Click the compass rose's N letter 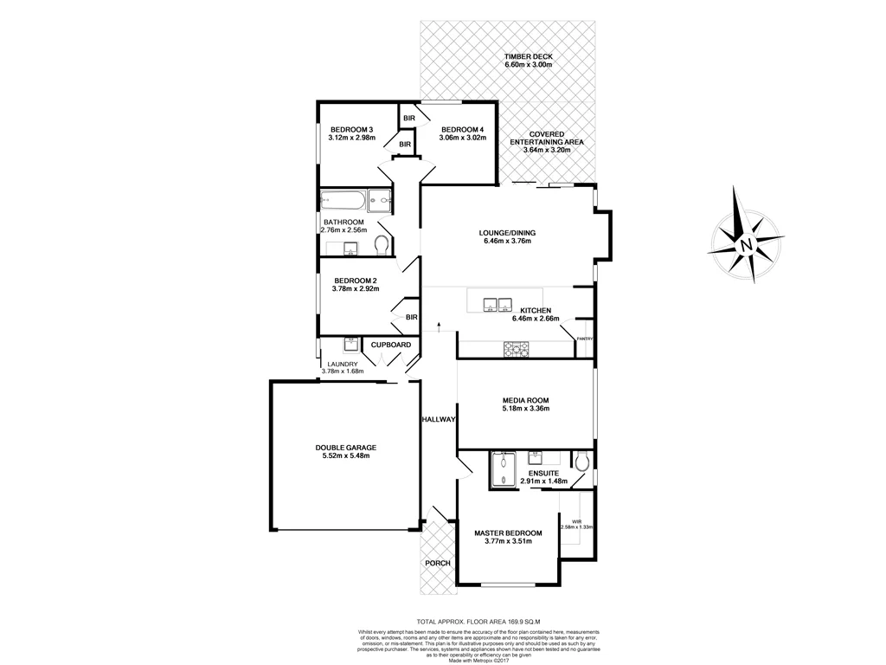[x=747, y=245]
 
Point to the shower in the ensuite [x=502, y=470]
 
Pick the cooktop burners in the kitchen [x=517, y=348]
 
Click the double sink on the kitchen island [x=496, y=304]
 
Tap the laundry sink [x=350, y=343]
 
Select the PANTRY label [x=585, y=339]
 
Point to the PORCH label [x=438, y=563]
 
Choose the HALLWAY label [x=439, y=419]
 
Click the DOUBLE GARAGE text [x=345, y=448]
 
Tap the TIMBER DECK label [x=529, y=57]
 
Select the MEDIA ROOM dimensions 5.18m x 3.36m [x=526, y=410]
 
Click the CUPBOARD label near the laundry [x=391, y=345]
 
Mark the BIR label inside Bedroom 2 [x=411, y=318]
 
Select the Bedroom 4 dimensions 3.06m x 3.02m [x=463, y=138]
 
